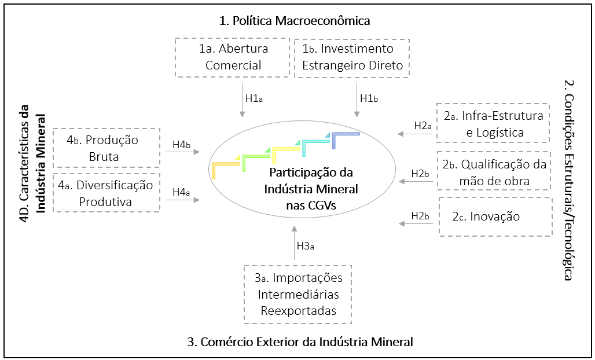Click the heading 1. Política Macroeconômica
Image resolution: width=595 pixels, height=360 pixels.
pyautogui.click(x=295, y=21)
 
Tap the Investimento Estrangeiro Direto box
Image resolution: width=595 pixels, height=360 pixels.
pyautogui.click(x=352, y=57)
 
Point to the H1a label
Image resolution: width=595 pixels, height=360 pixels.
pyautogui.click(x=254, y=98)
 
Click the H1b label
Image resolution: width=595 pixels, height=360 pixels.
pyautogui.click(x=369, y=98)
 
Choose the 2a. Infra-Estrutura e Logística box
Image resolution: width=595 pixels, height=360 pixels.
pyautogui.click(x=493, y=124)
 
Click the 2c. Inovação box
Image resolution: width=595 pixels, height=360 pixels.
pyautogui.click(x=495, y=217)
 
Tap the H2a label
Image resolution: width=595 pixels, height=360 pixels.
pyautogui.click(x=423, y=125)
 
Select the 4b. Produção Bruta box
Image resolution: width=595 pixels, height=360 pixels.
pyautogui.click(x=106, y=148)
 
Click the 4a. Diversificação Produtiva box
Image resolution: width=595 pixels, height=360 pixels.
pyautogui.click(x=106, y=193)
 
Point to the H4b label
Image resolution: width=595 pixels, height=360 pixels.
pyautogui.click(x=182, y=144)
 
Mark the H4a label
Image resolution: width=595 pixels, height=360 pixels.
pyautogui.click(x=181, y=190)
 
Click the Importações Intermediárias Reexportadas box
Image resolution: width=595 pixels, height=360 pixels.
pyautogui.click(x=298, y=294)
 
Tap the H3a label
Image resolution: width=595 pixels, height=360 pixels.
pyautogui.click(x=306, y=246)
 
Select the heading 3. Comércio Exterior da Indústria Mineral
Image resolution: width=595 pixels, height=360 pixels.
pyautogui.click(x=300, y=341)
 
